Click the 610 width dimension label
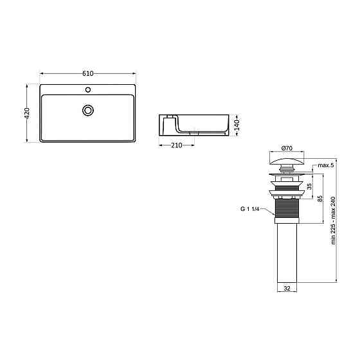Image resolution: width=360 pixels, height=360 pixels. [88, 73]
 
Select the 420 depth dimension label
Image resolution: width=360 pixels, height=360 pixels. [27, 113]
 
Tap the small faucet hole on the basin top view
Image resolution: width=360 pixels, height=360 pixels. [87, 89]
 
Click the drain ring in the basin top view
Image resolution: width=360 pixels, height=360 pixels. [87, 111]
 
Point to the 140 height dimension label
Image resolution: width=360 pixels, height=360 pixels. [237, 125]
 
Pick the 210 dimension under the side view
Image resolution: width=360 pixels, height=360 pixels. [177, 145]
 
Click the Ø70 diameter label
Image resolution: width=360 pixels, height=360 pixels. [287, 148]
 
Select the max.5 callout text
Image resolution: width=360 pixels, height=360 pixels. [325, 165]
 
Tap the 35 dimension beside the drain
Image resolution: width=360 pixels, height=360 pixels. [309, 186]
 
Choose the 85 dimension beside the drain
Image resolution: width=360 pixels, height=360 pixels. [320, 199]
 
